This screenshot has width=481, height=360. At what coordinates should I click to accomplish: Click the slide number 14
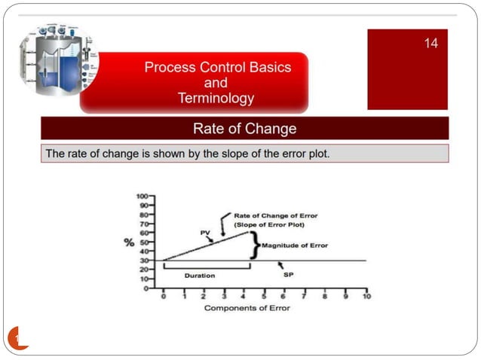point(430,44)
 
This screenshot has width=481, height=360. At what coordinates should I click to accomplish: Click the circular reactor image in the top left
point(59,60)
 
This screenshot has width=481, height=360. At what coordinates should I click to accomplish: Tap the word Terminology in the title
point(216,98)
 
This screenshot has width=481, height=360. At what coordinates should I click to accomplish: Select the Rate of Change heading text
point(244,129)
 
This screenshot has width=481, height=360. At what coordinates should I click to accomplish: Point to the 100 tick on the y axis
point(142,196)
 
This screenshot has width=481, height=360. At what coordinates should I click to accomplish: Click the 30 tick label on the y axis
point(143,261)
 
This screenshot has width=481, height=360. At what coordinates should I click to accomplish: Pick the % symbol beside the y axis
point(130,243)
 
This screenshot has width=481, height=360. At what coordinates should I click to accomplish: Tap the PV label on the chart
point(204,233)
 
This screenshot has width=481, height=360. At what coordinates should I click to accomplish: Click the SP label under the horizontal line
point(288,275)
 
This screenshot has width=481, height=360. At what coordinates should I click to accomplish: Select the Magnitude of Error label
point(296,246)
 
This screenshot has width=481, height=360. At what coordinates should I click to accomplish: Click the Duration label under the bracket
point(200,276)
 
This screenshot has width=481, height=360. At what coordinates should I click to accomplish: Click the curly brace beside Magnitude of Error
point(255,246)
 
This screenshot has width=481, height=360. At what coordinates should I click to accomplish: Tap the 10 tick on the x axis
point(366,297)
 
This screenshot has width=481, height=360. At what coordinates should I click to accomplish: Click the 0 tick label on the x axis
point(163,297)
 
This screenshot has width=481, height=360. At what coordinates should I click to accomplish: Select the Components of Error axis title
point(246,309)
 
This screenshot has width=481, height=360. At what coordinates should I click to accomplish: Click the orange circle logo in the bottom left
point(17,338)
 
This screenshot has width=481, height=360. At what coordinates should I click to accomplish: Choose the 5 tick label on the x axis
point(265,297)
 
